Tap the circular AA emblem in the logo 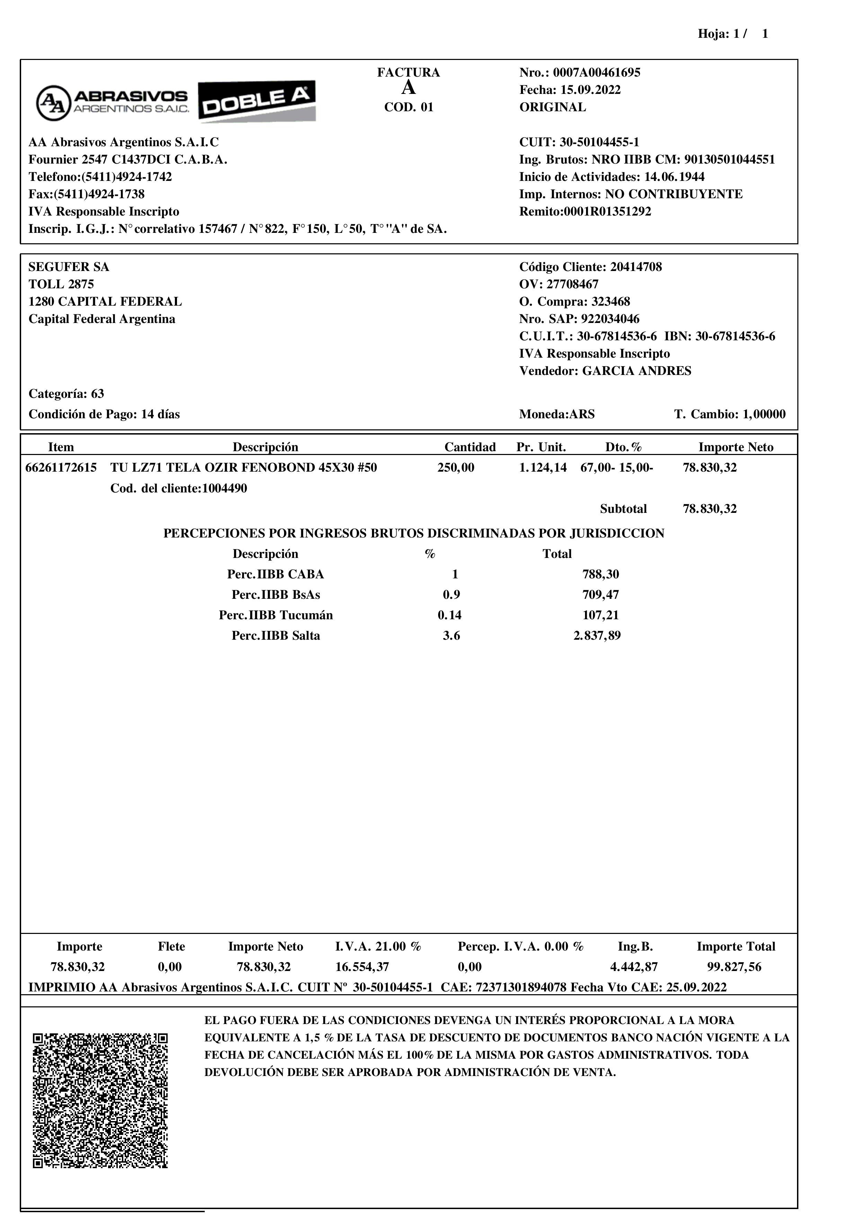click(x=53, y=103)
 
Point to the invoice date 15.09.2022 click(x=591, y=90)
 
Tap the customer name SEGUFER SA click(x=69, y=267)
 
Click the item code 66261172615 click(x=61, y=467)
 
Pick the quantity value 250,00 click(x=456, y=467)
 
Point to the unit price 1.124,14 click(x=543, y=467)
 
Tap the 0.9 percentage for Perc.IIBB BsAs click(x=451, y=595)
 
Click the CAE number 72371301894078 click(x=521, y=988)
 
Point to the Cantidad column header click(x=470, y=447)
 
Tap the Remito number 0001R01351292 click(x=607, y=212)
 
